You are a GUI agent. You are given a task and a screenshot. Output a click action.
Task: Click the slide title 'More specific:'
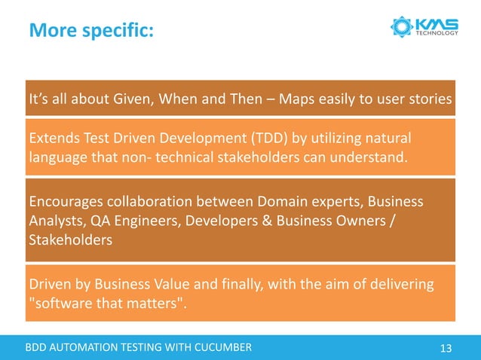coord(90,31)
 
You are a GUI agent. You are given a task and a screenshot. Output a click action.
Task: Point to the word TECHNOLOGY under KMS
coord(437,33)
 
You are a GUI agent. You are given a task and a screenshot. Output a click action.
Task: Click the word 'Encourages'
coord(64,203)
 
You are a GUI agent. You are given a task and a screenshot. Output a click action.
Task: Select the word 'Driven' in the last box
coord(47,284)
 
